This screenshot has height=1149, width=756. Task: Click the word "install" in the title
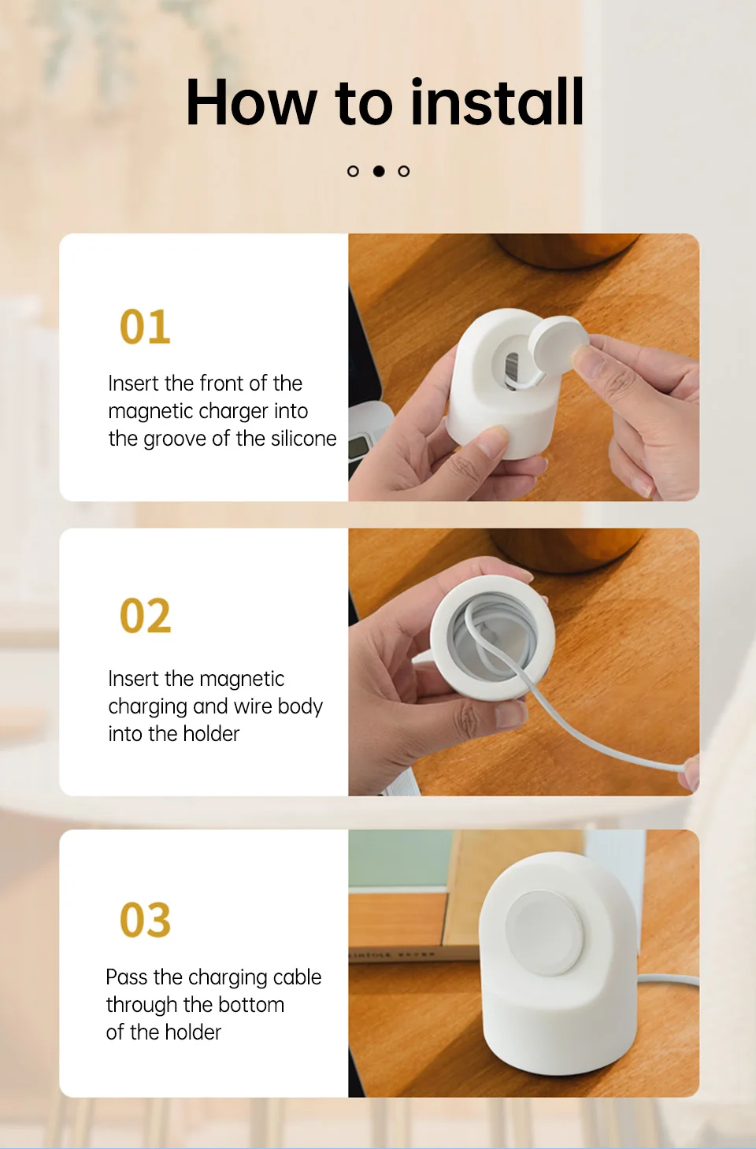[497, 102]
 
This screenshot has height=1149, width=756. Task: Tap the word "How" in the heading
[251, 102]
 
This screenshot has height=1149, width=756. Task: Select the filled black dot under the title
[379, 172]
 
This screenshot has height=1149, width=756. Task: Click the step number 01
[145, 327]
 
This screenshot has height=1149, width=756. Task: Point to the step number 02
[145, 616]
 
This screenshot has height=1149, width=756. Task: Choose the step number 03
[145, 919]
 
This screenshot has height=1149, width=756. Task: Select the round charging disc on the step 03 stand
[543, 932]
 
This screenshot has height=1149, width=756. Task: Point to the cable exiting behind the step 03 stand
[668, 978]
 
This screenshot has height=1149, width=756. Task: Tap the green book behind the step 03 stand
[401, 858]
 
